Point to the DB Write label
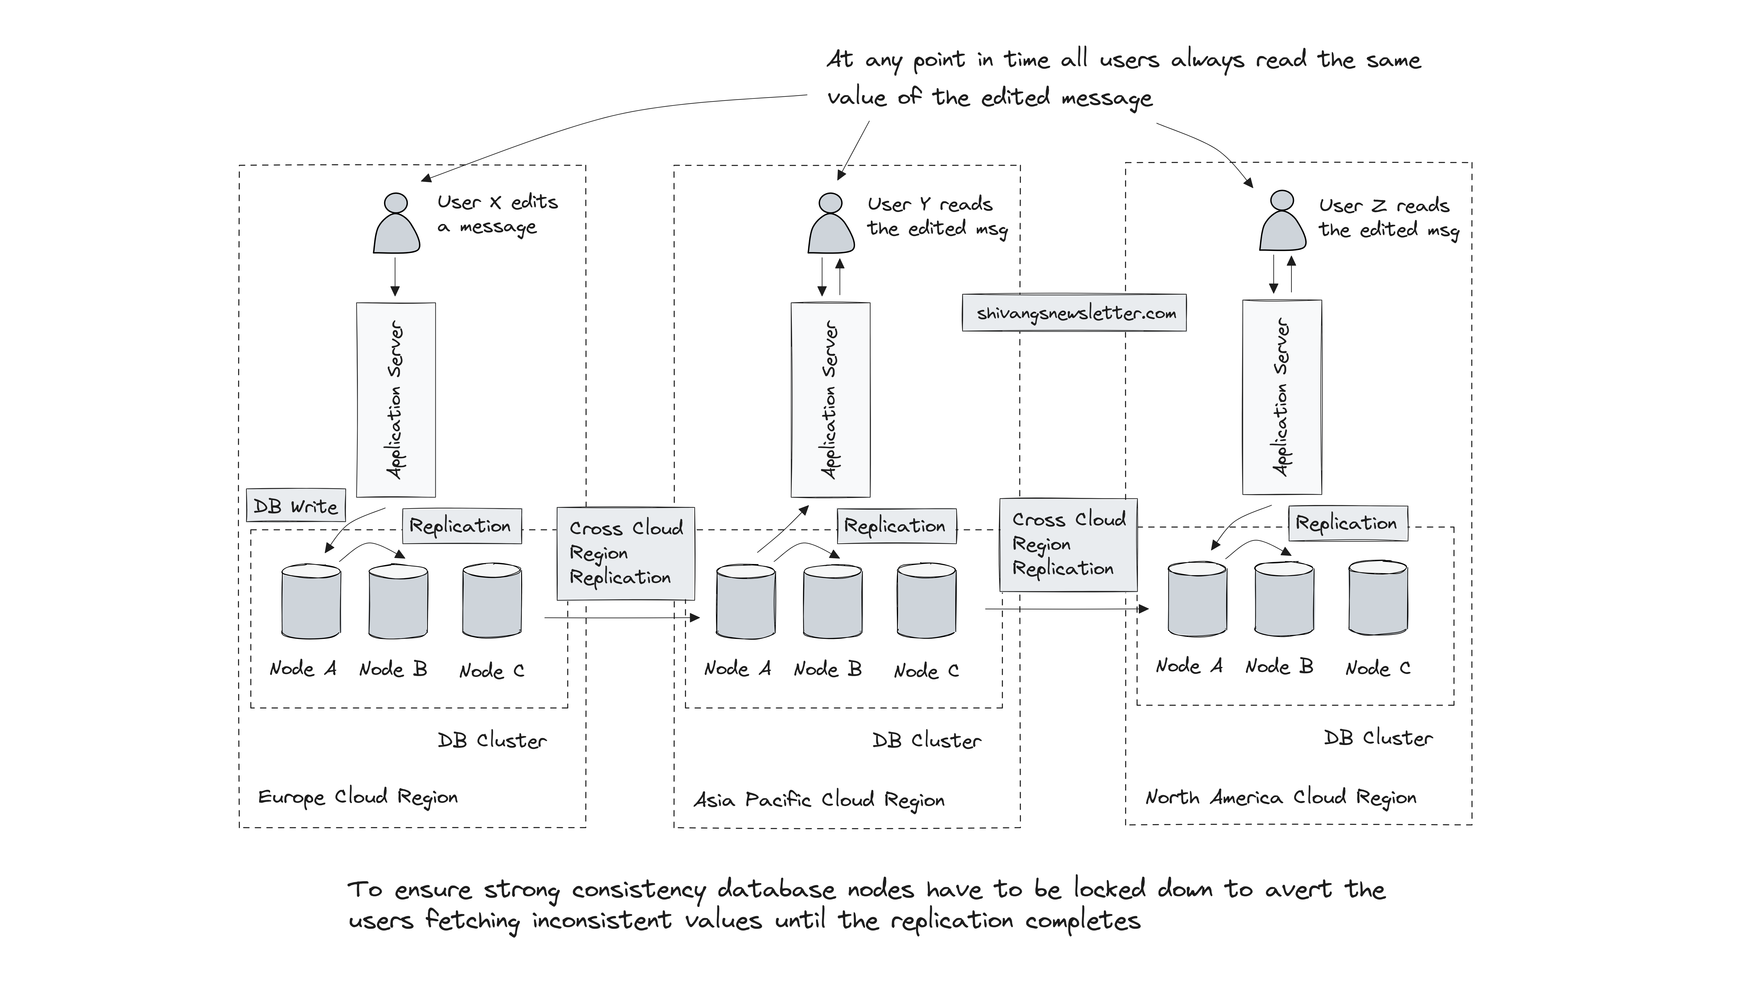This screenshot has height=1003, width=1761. click(296, 506)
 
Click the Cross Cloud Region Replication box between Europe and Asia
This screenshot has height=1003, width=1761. click(625, 553)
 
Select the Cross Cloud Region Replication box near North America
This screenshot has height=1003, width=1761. click(1068, 544)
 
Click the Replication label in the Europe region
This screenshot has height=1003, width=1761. click(461, 526)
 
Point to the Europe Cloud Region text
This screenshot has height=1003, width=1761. click(357, 797)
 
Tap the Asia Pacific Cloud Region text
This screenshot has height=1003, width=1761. click(819, 800)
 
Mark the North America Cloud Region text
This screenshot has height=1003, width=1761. click(1280, 797)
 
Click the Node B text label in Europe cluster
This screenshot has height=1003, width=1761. click(393, 669)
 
